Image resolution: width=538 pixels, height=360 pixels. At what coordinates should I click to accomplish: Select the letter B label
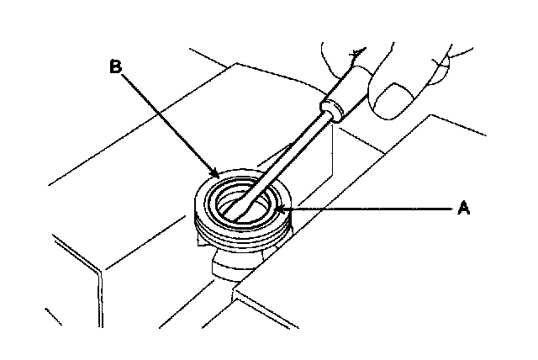[x=116, y=66]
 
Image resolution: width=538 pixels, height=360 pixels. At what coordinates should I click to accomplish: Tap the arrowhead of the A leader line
[x=286, y=207]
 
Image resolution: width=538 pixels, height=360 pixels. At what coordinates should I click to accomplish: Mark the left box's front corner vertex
[x=103, y=270]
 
